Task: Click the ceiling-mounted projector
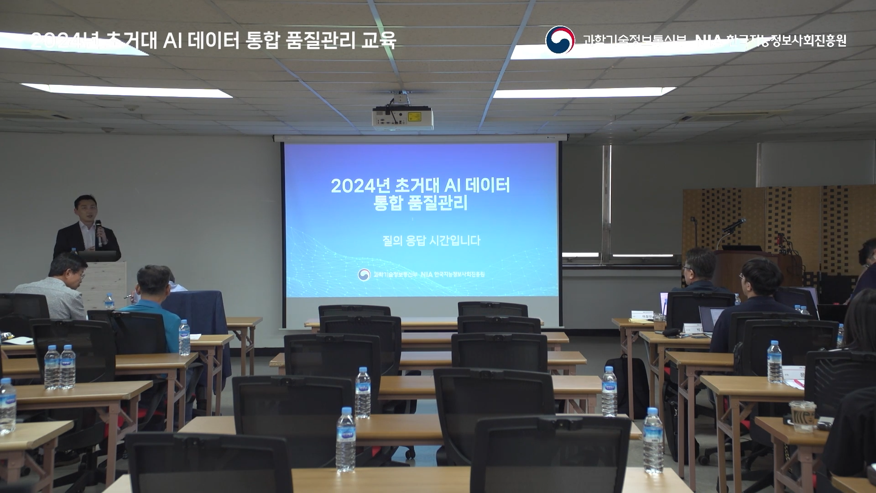[403, 117]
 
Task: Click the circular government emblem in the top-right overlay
[560, 40]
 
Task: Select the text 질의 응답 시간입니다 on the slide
[431, 241]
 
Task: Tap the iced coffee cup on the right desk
[803, 416]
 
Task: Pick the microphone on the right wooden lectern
[733, 225]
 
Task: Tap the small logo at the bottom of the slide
[364, 274]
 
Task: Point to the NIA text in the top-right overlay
[708, 41]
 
